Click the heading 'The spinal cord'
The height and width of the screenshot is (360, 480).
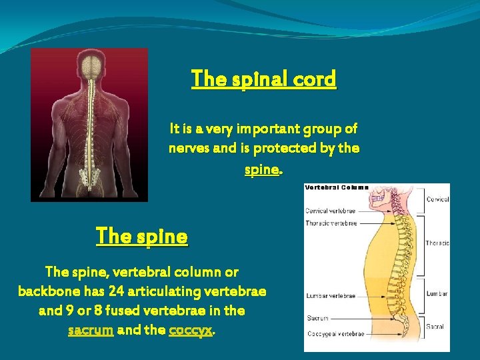[264, 79]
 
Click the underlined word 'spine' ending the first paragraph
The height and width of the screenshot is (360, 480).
[261, 169]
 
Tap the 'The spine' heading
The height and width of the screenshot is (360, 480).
[142, 236]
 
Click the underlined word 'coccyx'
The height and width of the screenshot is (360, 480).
[191, 329]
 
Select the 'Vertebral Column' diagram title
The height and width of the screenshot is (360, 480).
[337, 187]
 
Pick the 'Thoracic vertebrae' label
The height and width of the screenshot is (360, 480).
[332, 223]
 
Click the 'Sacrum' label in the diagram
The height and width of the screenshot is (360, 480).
[317, 319]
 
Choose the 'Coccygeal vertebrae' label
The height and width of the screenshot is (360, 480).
[335, 334]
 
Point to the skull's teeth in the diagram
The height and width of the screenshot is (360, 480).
[383, 203]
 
